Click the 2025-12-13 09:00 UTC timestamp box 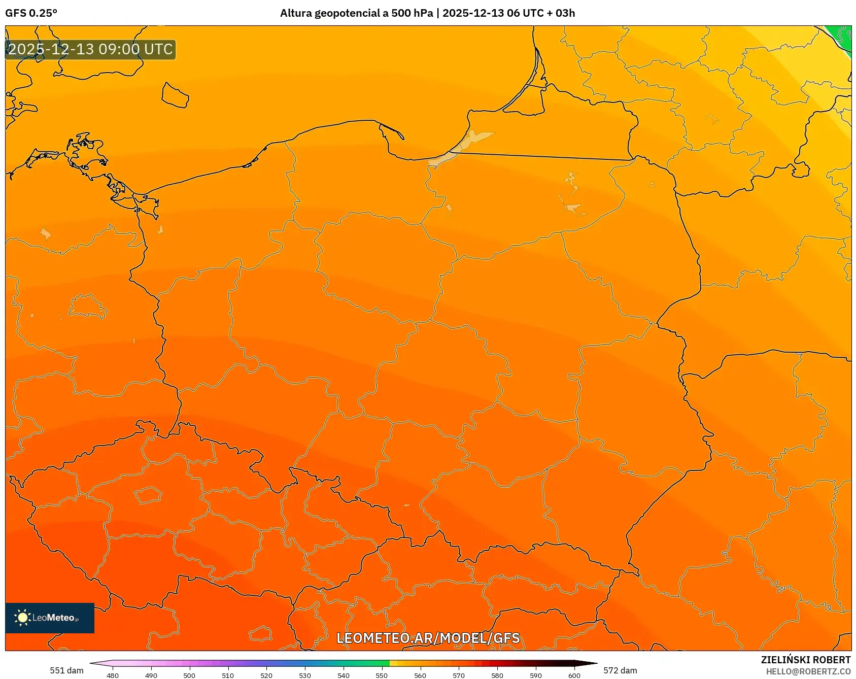click(90, 50)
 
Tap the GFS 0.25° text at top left click(31, 13)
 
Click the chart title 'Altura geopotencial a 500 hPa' click(356, 13)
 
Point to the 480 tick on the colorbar click(113, 675)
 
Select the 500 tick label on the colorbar click(189, 675)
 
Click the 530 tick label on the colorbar click(305, 675)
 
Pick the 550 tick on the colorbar click(382, 675)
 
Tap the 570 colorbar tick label click(459, 675)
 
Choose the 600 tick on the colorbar click(574, 675)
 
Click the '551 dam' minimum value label click(66, 670)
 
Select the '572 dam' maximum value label click(620, 670)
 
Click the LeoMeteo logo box click(50, 618)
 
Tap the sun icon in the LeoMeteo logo click(22, 618)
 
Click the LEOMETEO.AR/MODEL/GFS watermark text click(428, 638)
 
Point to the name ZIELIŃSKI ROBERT click(805, 660)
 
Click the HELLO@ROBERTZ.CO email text click(808, 671)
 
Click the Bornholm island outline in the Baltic click(175, 95)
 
